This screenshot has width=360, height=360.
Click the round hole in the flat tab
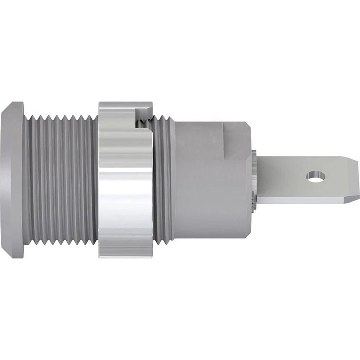tap(316, 176)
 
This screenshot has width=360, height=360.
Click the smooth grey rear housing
tap(209, 180)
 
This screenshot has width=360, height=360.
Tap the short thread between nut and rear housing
tap(164, 180)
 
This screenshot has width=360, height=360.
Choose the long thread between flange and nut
tap(61, 180)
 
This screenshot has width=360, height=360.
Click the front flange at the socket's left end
tap(13, 180)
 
